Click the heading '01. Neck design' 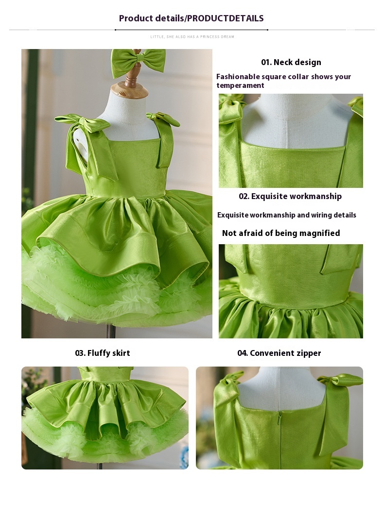[291, 62]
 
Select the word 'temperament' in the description [240, 85]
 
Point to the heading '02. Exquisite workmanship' [290, 196]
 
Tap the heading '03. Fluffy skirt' [103, 353]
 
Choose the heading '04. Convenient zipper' [279, 353]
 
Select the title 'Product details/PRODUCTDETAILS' [191, 18]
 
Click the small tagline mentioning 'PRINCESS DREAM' [192, 37]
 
